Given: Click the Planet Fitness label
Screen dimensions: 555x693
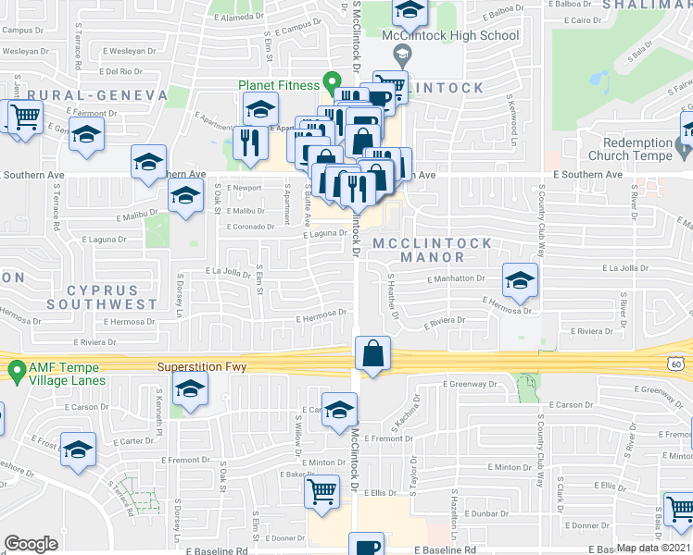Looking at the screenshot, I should tap(277, 85).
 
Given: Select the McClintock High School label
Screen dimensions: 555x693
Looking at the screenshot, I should tap(450, 36).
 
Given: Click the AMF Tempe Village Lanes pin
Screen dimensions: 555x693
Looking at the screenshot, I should tap(16, 372).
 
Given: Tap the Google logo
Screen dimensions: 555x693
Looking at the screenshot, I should tap(31, 544).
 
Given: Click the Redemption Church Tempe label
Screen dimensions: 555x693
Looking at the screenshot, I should tap(637, 149).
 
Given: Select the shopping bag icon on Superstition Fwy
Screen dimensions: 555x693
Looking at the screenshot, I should tap(372, 353).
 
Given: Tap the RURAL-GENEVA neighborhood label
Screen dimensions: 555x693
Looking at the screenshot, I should tap(97, 95).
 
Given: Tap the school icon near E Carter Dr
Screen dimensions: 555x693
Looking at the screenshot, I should tap(78, 450).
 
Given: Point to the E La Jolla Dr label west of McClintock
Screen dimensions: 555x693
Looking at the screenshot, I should tap(228, 272).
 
